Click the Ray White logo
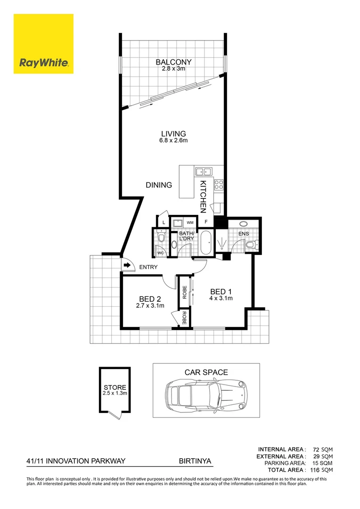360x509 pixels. pyautogui.click(x=43, y=44)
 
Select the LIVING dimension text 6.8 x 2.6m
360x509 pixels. pyautogui.click(x=174, y=140)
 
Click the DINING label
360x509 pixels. pyautogui.click(x=159, y=185)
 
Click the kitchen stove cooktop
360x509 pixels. pyautogui.click(x=219, y=184)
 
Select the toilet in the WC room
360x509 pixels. pyautogui.click(x=161, y=237)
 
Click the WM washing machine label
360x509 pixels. pyautogui.click(x=190, y=222)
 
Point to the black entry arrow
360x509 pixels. pyautogui.click(x=127, y=265)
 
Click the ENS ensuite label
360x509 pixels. pyautogui.click(x=243, y=234)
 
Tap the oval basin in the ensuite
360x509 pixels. pyautogui.click(x=245, y=224)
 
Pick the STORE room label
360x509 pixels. pyautogui.click(x=115, y=387)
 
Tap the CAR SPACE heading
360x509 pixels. pyautogui.click(x=206, y=372)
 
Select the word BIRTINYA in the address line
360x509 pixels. pyautogui.click(x=195, y=462)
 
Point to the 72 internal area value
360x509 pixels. pyautogui.click(x=316, y=450)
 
